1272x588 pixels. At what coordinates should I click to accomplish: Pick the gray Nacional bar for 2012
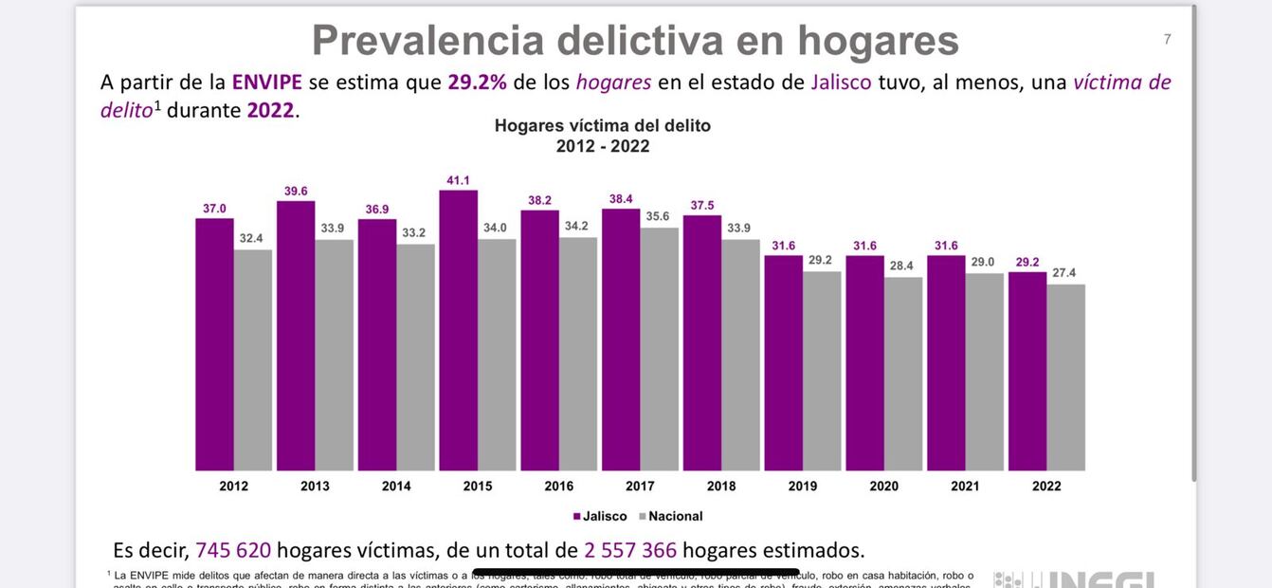tap(253, 360)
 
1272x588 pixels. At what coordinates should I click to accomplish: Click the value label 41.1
tap(458, 180)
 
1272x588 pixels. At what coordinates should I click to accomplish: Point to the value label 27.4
tap(1064, 273)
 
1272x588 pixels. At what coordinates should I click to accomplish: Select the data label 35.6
tap(658, 216)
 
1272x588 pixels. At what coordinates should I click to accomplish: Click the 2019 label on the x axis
tap(803, 487)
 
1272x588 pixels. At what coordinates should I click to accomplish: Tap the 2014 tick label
tap(396, 487)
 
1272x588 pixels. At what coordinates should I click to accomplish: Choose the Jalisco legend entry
tap(600, 517)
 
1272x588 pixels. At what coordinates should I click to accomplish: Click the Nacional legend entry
tap(671, 517)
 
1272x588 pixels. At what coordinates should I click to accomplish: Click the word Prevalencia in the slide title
tap(428, 41)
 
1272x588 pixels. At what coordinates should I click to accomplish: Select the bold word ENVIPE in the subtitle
tap(266, 83)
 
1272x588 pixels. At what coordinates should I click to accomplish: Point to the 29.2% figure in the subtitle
tap(477, 83)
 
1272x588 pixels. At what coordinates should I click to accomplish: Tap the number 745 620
tap(233, 550)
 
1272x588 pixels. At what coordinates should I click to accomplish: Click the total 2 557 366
tap(630, 550)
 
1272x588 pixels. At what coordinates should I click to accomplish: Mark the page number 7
tap(1168, 39)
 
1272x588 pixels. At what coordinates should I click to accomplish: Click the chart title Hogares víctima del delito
tap(602, 125)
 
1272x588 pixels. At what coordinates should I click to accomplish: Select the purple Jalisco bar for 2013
tap(296, 336)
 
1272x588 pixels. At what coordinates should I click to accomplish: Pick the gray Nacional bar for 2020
tap(903, 374)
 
